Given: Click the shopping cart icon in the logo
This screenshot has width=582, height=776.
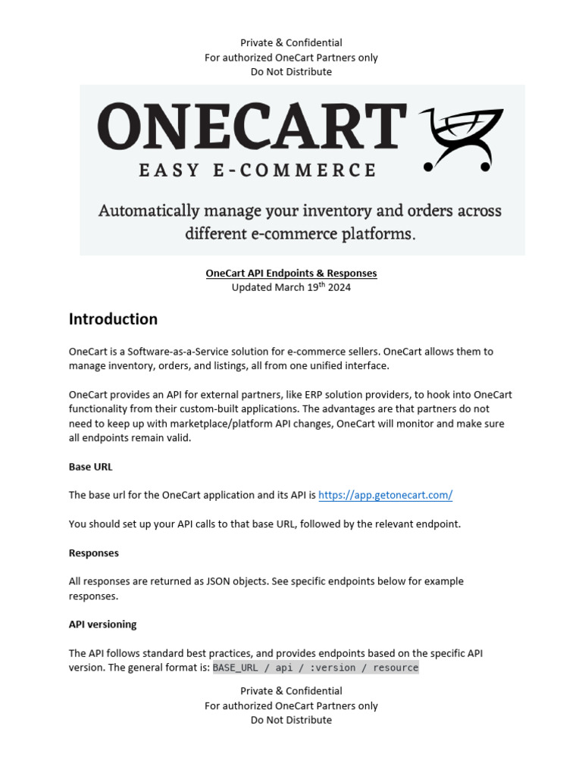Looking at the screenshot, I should pos(462,139).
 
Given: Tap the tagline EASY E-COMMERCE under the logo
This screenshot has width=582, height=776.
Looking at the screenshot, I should pos(258,170).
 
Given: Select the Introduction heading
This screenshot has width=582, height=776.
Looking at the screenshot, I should pos(113,319).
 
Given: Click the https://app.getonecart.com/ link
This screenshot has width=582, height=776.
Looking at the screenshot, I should pos(385,495).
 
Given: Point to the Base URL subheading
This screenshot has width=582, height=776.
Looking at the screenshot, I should pos(90,466).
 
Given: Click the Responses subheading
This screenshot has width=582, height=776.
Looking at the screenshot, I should pos(94,552).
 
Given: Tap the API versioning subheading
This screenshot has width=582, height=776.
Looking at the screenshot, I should pos(103,624).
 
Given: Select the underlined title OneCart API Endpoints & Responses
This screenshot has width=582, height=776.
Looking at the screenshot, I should pos(291,273).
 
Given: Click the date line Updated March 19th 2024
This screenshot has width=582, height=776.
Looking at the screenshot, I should pos(291,287).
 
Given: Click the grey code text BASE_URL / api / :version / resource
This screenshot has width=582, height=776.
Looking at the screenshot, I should pos(315,668).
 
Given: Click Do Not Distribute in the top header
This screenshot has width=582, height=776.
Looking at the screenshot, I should pos(291,72).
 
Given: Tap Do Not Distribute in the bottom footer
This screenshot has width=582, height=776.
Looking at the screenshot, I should pos(291,720).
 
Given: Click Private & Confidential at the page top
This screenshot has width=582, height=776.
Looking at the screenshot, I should pos(291,43).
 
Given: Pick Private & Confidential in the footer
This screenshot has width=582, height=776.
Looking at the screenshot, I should pos(291,691).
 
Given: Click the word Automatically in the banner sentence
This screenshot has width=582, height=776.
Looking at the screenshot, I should pos(148,211).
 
